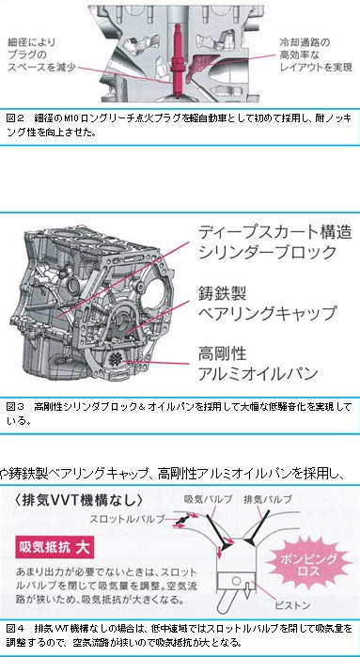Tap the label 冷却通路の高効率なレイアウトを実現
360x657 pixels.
tap(316, 55)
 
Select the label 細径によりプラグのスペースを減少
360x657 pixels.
tap(40, 55)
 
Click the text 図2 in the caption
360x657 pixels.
tap(13, 119)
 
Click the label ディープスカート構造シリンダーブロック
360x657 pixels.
tap(274, 242)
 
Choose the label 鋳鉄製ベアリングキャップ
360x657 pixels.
tap(267, 303)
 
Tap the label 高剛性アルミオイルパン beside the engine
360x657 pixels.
tap(258, 364)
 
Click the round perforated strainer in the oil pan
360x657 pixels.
tap(117, 359)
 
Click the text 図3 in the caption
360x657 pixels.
tap(13, 407)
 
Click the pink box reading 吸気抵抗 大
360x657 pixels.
tap(55, 548)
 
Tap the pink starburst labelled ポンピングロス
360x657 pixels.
tap(309, 564)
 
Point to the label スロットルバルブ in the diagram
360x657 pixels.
tap(127, 518)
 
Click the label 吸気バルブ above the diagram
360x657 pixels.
tap(209, 499)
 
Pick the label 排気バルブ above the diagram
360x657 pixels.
tap(267, 499)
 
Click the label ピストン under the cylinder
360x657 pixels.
tap(292, 605)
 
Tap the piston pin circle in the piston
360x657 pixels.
tap(237, 581)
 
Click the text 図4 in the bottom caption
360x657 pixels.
tap(13, 630)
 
